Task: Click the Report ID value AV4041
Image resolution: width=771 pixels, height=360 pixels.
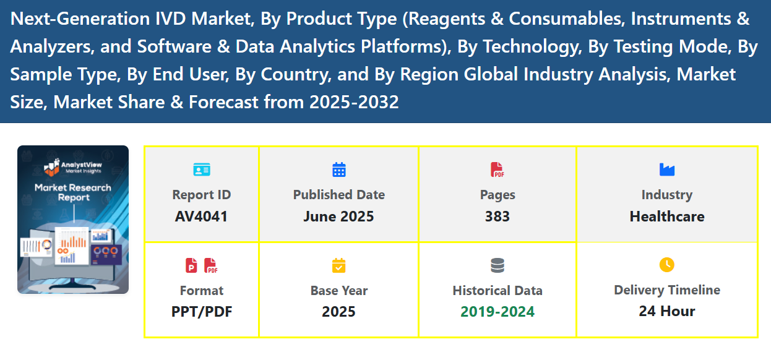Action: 201,216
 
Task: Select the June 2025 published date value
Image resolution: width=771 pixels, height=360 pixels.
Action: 338,216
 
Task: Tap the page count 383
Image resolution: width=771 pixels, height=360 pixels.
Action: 497,216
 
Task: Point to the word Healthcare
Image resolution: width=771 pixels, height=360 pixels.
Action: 666,216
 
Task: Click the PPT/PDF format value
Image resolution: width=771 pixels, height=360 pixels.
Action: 202,311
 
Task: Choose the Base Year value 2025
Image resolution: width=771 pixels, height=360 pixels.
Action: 338,311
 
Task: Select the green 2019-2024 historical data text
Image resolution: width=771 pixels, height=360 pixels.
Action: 497,311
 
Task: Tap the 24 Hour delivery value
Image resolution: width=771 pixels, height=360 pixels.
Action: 666,311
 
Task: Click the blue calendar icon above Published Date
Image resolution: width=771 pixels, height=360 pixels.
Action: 339,169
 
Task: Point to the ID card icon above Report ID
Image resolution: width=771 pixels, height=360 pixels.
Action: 202,169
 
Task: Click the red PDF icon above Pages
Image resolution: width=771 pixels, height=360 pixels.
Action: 497,169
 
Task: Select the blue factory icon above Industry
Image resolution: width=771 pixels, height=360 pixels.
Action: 667,169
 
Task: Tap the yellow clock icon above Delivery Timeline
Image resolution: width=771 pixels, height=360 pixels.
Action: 666,265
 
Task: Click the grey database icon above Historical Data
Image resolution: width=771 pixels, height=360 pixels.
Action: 497,266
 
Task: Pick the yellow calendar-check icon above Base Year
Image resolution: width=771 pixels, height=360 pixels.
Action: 339,266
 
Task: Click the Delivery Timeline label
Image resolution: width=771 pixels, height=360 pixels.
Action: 666,290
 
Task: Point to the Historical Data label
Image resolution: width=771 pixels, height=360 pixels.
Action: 497,291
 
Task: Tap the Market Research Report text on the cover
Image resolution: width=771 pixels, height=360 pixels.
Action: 73,192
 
